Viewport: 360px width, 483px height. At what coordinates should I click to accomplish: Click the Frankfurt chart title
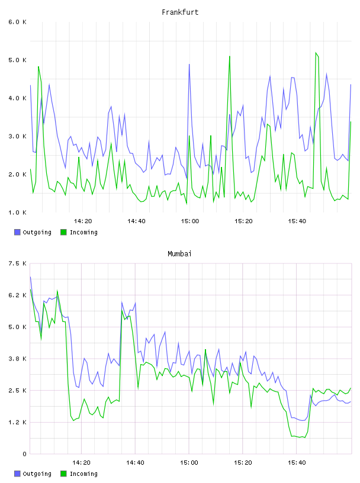pyautogui.click(x=180, y=12)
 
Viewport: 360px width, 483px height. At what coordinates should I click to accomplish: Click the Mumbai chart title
pyautogui.click(x=179, y=254)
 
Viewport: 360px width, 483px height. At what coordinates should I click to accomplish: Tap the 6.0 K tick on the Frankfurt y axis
pyautogui.click(x=17, y=22)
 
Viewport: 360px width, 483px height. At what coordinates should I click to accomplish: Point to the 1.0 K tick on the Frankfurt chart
pyautogui.click(x=17, y=212)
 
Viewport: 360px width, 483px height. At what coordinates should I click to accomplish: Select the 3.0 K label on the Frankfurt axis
pyautogui.click(x=17, y=137)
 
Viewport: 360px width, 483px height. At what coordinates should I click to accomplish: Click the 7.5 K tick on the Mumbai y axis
pyautogui.click(x=17, y=263)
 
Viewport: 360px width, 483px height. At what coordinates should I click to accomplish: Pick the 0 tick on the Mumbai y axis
pyautogui.click(x=24, y=454)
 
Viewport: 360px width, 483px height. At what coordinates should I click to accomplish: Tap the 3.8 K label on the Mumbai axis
pyautogui.click(x=17, y=359)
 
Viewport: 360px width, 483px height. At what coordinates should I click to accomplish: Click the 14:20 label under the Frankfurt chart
pyautogui.click(x=83, y=221)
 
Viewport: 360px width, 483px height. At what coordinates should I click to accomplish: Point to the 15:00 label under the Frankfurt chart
pyautogui.click(x=190, y=221)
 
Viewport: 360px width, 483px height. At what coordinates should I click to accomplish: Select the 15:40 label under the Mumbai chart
pyautogui.click(x=297, y=463)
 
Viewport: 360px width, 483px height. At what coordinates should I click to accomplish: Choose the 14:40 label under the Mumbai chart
pyautogui.click(x=135, y=463)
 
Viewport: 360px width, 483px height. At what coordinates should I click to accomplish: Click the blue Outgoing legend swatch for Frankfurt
pyautogui.click(x=17, y=232)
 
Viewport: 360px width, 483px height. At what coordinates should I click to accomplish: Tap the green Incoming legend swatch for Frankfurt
pyautogui.click(x=63, y=232)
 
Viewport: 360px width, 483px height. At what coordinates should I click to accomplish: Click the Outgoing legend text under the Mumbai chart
pyautogui.click(x=37, y=474)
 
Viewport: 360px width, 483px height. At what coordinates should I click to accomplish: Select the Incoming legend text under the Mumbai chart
pyautogui.click(x=83, y=474)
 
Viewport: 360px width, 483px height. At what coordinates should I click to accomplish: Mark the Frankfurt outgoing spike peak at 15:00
pyautogui.click(x=189, y=64)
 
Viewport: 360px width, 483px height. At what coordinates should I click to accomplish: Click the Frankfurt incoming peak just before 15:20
pyautogui.click(x=230, y=56)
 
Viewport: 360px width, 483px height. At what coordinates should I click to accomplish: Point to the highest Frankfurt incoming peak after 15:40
pyautogui.click(x=316, y=53)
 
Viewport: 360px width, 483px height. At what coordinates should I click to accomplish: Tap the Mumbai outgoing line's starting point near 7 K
pyautogui.click(x=30, y=277)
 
